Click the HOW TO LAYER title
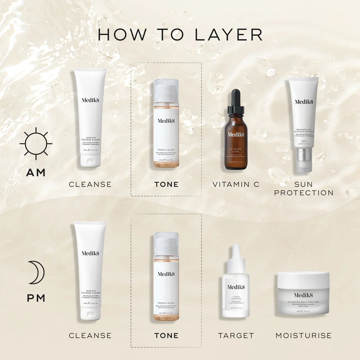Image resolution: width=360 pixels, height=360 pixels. click(180, 35)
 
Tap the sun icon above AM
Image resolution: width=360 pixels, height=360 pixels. click(36, 141)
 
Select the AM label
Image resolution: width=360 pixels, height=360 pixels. click(36, 173)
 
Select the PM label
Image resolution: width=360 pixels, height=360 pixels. click(36, 298)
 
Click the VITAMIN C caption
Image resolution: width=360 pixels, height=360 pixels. click(236, 184)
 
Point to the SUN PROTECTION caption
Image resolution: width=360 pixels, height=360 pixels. click(303, 189)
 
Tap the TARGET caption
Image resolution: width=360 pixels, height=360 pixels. click(236, 335)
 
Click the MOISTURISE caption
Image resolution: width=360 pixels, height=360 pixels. click(303, 335)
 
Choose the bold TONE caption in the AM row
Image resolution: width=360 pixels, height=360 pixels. click(166, 184)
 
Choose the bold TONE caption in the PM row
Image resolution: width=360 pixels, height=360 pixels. click(166, 335)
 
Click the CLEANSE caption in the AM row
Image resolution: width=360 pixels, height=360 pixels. click(90, 184)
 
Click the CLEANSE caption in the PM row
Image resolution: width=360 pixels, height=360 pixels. click(90, 335)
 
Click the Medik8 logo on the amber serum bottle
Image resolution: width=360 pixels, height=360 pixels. click(236, 134)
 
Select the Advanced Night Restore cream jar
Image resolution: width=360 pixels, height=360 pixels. click(303, 294)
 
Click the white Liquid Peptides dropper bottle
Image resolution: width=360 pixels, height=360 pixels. click(236, 287)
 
